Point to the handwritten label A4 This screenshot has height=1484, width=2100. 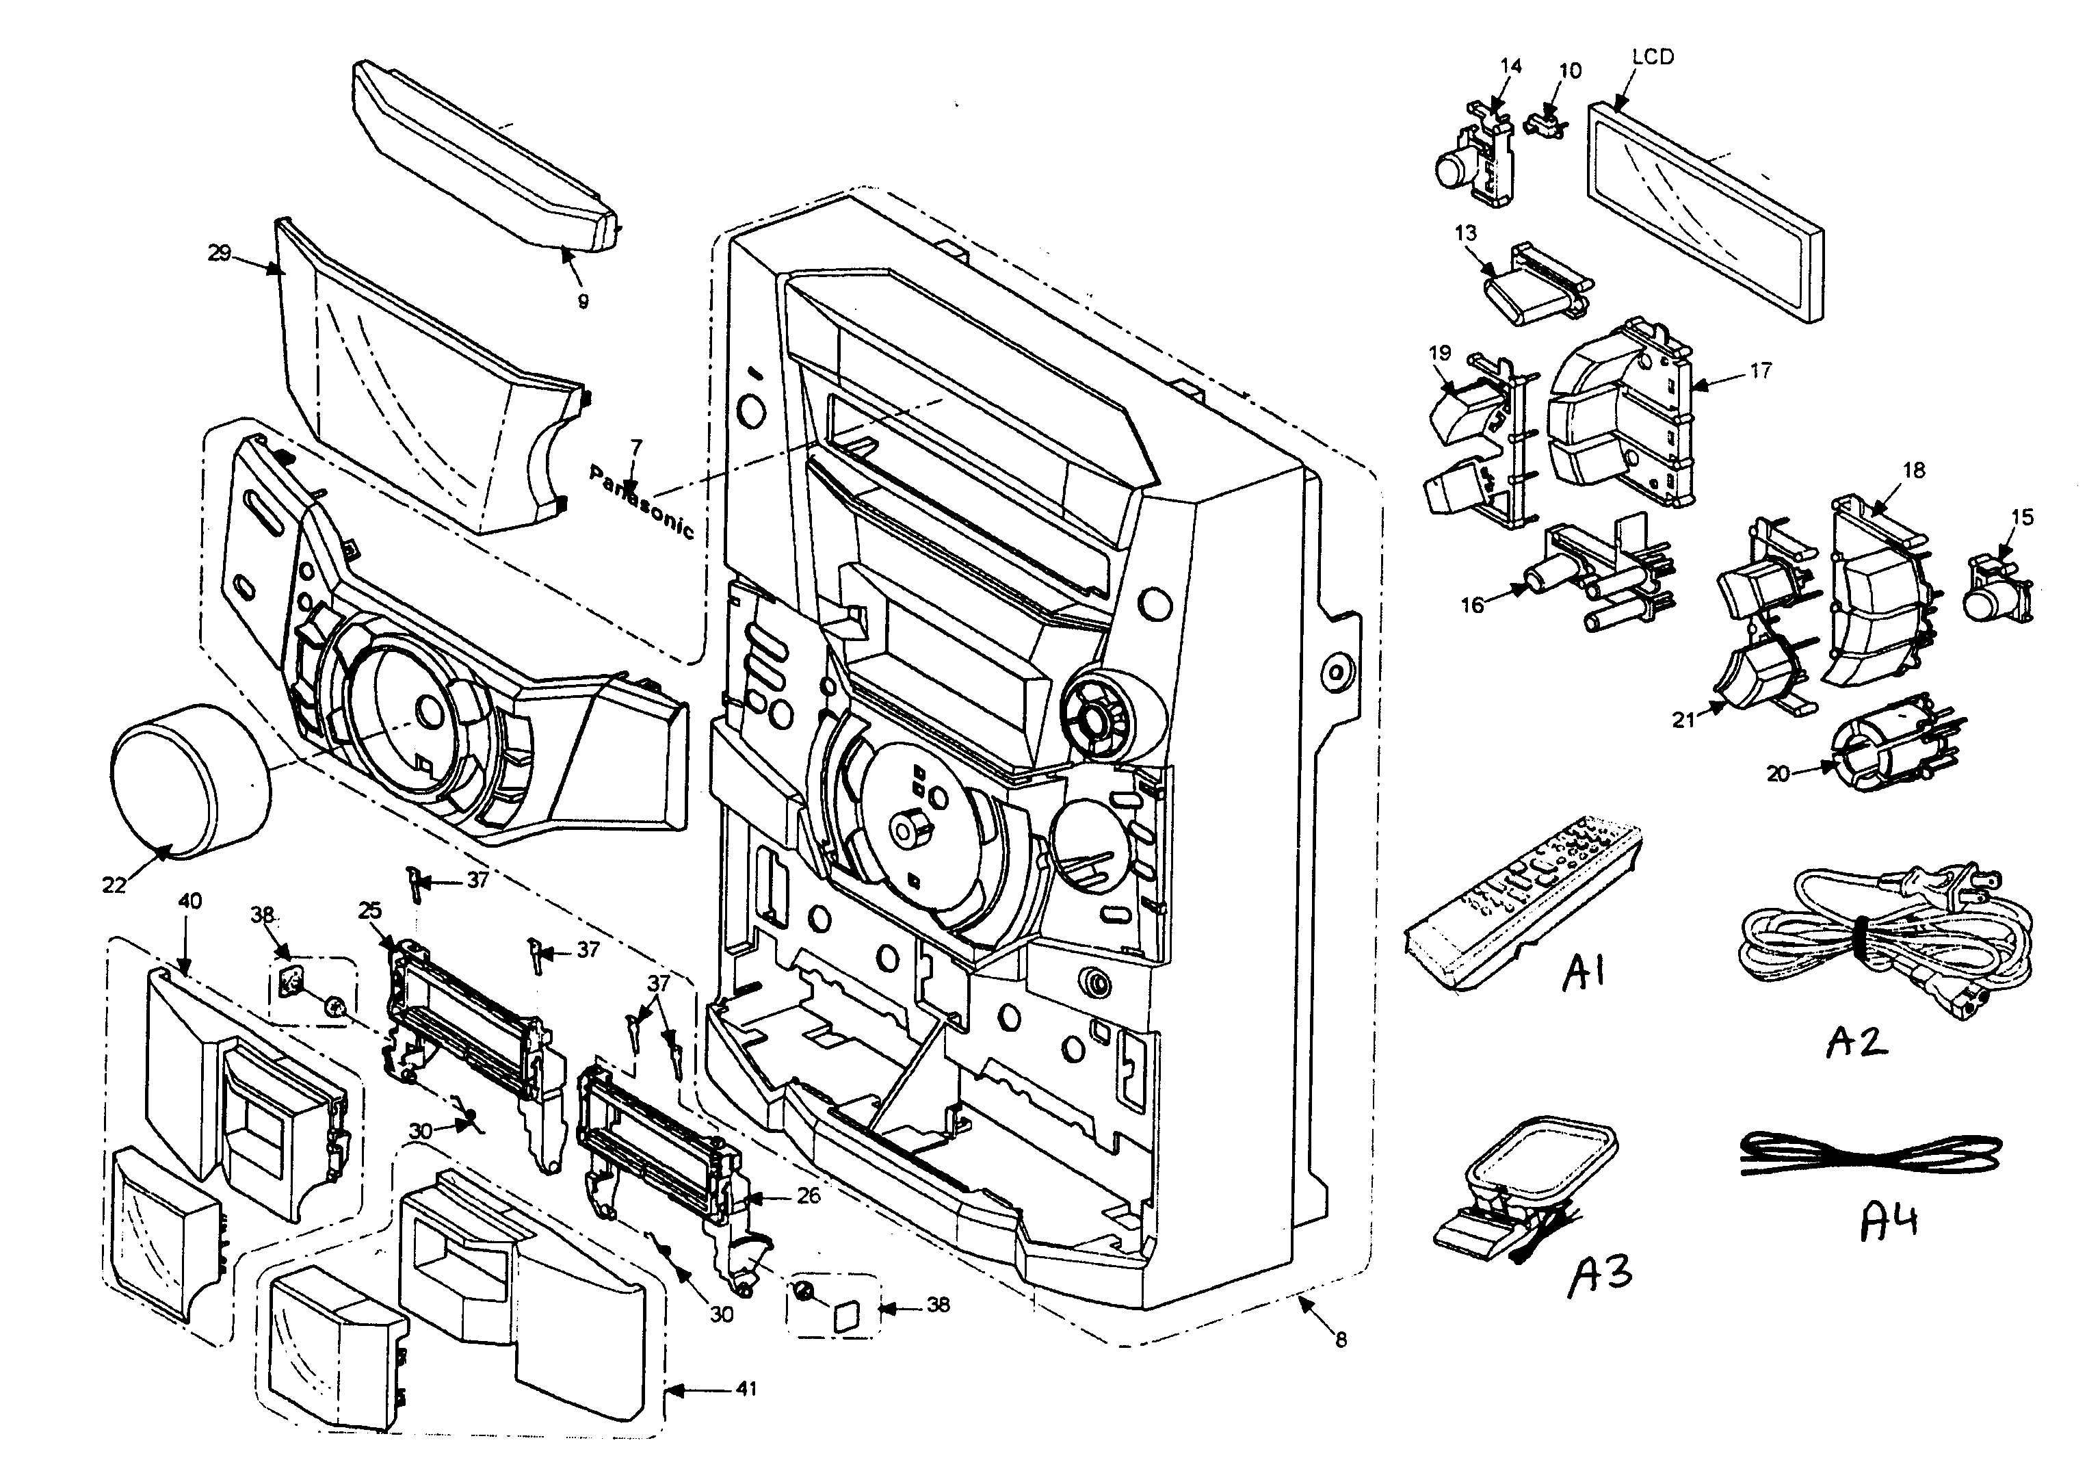click(1889, 1221)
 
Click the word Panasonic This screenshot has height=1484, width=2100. click(641, 502)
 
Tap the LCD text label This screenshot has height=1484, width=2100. click(1653, 57)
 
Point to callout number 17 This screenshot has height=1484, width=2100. click(1760, 371)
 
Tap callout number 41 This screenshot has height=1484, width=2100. click(746, 1389)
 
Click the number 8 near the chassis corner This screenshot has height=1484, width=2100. click(1341, 1340)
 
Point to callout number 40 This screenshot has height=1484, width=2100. click(189, 901)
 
